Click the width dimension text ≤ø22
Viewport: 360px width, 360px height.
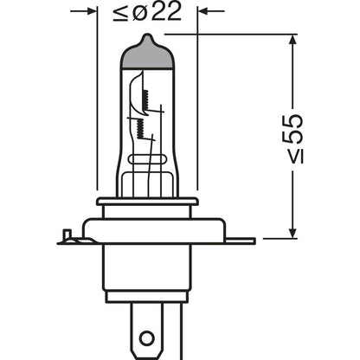point(146,14)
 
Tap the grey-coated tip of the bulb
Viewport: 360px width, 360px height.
point(147,54)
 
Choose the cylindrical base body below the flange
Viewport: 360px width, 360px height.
point(147,273)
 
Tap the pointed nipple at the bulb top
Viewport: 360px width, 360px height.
point(147,38)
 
